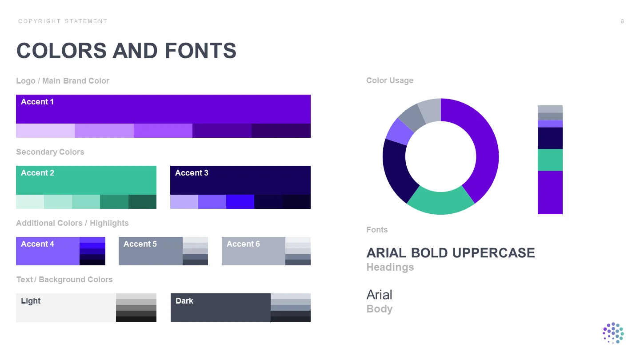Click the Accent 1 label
(x=37, y=102)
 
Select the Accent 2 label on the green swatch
(x=37, y=173)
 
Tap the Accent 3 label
(x=192, y=173)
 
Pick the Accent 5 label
(x=140, y=244)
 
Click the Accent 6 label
(x=243, y=244)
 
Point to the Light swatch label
(x=31, y=301)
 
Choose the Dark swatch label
(x=184, y=301)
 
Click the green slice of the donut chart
(x=440, y=202)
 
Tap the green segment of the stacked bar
(x=550, y=160)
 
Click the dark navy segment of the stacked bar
(x=550, y=138)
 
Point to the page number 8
(x=622, y=21)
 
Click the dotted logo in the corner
(x=613, y=333)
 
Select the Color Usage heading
(x=390, y=80)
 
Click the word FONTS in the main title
(x=200, y=51)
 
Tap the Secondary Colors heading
(x=50, y=152)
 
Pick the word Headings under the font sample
(x=390, y=267)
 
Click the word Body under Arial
(x=380, y=309)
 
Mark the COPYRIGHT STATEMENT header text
(x=63, y=21)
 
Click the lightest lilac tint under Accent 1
(x=45, y=131)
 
